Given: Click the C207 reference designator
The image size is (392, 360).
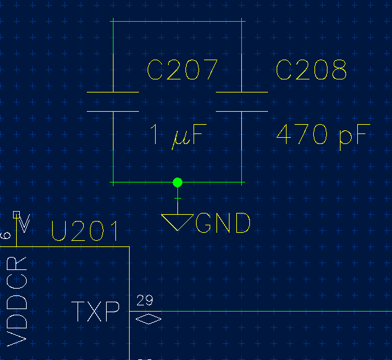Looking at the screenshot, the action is [x=182, y=70].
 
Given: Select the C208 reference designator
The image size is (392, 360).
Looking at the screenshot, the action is [x=311, y=70].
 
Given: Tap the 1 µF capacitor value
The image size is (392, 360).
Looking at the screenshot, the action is [x=178, y=137].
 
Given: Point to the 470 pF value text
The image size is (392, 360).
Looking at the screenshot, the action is [x=323, y=137].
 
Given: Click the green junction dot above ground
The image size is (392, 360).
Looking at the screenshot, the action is [x=177, y=182].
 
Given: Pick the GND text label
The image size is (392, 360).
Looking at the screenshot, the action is [x=223, y=223].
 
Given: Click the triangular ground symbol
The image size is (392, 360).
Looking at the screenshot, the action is [x=177, y=222].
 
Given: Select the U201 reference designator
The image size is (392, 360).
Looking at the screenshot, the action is [x=84, y=231].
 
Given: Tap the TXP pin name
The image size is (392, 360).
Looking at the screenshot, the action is [x=96, y=311].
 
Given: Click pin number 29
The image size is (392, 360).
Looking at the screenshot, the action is [x=145, y=300].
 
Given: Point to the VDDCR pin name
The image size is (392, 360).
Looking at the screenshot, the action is [x=17, y=302].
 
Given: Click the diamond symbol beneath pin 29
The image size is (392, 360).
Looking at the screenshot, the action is [x=148, y=319].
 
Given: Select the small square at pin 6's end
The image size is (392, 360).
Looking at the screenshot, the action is [x=16, y=215].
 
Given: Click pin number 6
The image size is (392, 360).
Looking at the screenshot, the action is [x=6, y=236].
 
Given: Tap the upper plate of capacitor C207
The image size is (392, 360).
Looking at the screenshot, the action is [x=113, y=92].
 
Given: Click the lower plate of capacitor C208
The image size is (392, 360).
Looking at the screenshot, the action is [x=242, y=111].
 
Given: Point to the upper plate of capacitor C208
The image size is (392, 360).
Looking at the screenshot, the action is [x=242, y=92].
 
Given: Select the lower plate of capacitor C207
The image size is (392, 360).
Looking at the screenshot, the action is [x=113, y=111].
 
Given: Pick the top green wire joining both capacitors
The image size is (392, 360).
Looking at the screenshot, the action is [x=177, y=22].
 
